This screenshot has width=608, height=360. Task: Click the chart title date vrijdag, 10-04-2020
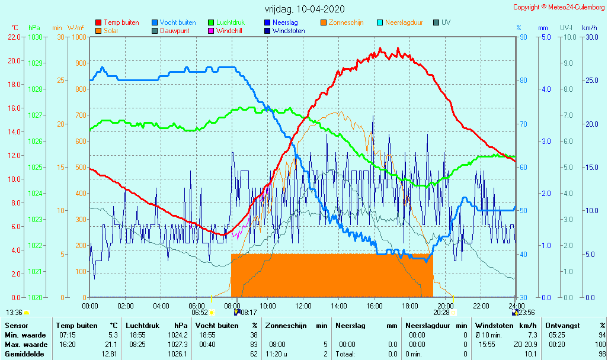pos(305,9)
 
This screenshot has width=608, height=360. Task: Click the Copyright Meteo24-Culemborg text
pos(559,7)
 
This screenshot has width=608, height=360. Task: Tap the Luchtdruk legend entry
pos(229,22)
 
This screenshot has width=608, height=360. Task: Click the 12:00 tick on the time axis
pos(303,306)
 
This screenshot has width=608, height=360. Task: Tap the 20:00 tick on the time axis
pos(446,306)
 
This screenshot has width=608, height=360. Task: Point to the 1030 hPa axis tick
pos(35,37)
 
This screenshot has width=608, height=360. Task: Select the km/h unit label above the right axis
pos(589,27)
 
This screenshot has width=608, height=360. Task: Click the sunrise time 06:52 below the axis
pos(199,313)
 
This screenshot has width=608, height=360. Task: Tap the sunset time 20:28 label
pos(441,313)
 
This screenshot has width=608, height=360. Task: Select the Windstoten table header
pos(494,325)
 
